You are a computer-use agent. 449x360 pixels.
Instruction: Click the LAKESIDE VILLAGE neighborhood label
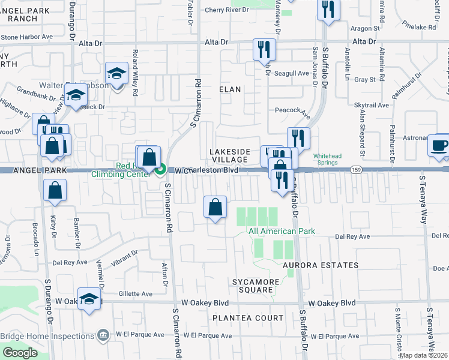click(x=228, y=155)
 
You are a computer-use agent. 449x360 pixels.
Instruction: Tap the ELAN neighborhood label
click(x=229, y=89)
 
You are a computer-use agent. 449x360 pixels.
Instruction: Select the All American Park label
click(x=282, y=232)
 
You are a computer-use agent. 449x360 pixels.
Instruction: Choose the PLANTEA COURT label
click(x=247, y=317)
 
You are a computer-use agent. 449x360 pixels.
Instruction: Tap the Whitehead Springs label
click(x=325, y=163)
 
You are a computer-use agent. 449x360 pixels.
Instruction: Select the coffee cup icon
click(x=438, y=146)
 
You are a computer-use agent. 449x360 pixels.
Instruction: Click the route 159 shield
click(x=356, y=170)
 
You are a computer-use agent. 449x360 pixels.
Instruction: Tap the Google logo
click(x=20, y=353)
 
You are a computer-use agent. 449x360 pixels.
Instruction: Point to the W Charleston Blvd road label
click(x=206, y=170)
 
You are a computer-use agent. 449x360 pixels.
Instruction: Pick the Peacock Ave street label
click(x=292, y=110)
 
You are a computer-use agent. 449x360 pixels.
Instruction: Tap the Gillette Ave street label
click(x=136, y=294)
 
